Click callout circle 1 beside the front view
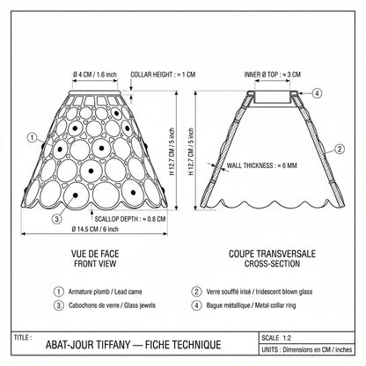coord(33,137)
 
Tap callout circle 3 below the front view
coord(57,218)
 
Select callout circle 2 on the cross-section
coord(340,149)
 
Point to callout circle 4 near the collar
coord(317,93)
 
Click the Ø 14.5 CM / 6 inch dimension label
coord(95,229)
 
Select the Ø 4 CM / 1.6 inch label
coord(95,75)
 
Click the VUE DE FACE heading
coord(95,253)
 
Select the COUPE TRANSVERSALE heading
coord(272,253)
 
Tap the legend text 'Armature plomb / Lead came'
coord(105,292)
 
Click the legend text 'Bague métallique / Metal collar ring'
coord(251,305)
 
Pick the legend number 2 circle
coord(196,292)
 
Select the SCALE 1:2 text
coord(276,338)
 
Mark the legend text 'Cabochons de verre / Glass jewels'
coord(112,305)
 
